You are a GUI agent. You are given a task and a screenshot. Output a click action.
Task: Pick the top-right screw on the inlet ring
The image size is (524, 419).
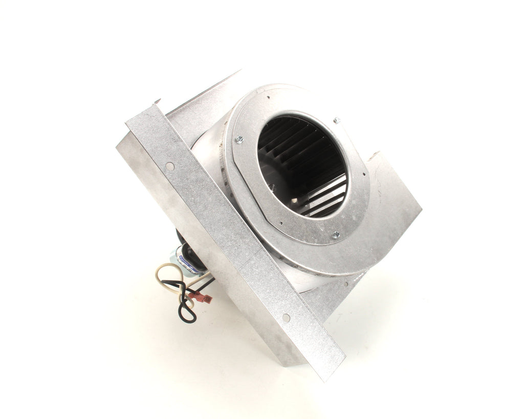point(336,121)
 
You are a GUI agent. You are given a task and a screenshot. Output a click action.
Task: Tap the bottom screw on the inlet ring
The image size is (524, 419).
point(336,235)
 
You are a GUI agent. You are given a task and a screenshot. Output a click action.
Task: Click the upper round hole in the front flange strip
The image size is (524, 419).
point(169,166)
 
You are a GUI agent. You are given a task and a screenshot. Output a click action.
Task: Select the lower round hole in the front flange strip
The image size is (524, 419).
point(286,318)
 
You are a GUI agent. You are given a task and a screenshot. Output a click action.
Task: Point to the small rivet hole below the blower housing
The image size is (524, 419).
point(346,283)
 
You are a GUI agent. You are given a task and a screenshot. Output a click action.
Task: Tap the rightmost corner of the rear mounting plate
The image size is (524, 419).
point(421,209)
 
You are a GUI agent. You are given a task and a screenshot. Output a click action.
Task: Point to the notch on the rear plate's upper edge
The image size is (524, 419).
point(376,153)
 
